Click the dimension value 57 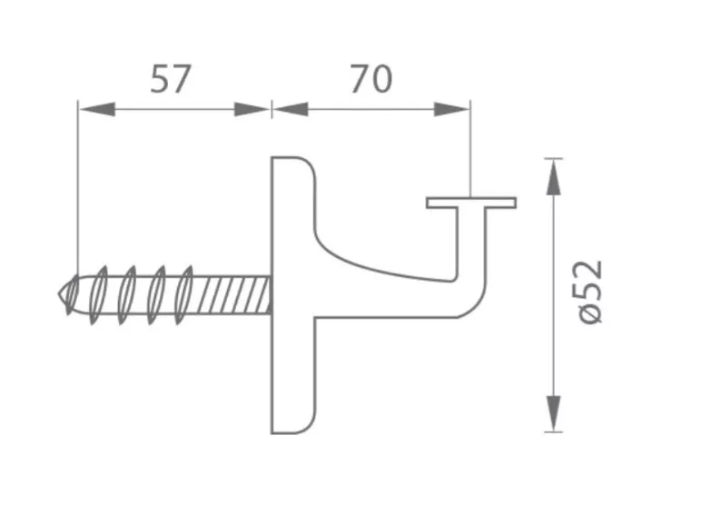(x=170, y=79)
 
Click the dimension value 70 (x=370, y=79)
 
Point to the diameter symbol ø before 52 (x=591, y=312)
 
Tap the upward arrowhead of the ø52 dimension (x=552, y=176)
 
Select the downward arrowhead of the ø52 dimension (x=552, y=413)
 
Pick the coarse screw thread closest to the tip (x=101, y=290)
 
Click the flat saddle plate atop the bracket (x=471, y=203)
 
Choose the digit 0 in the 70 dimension (x=382, y=79)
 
